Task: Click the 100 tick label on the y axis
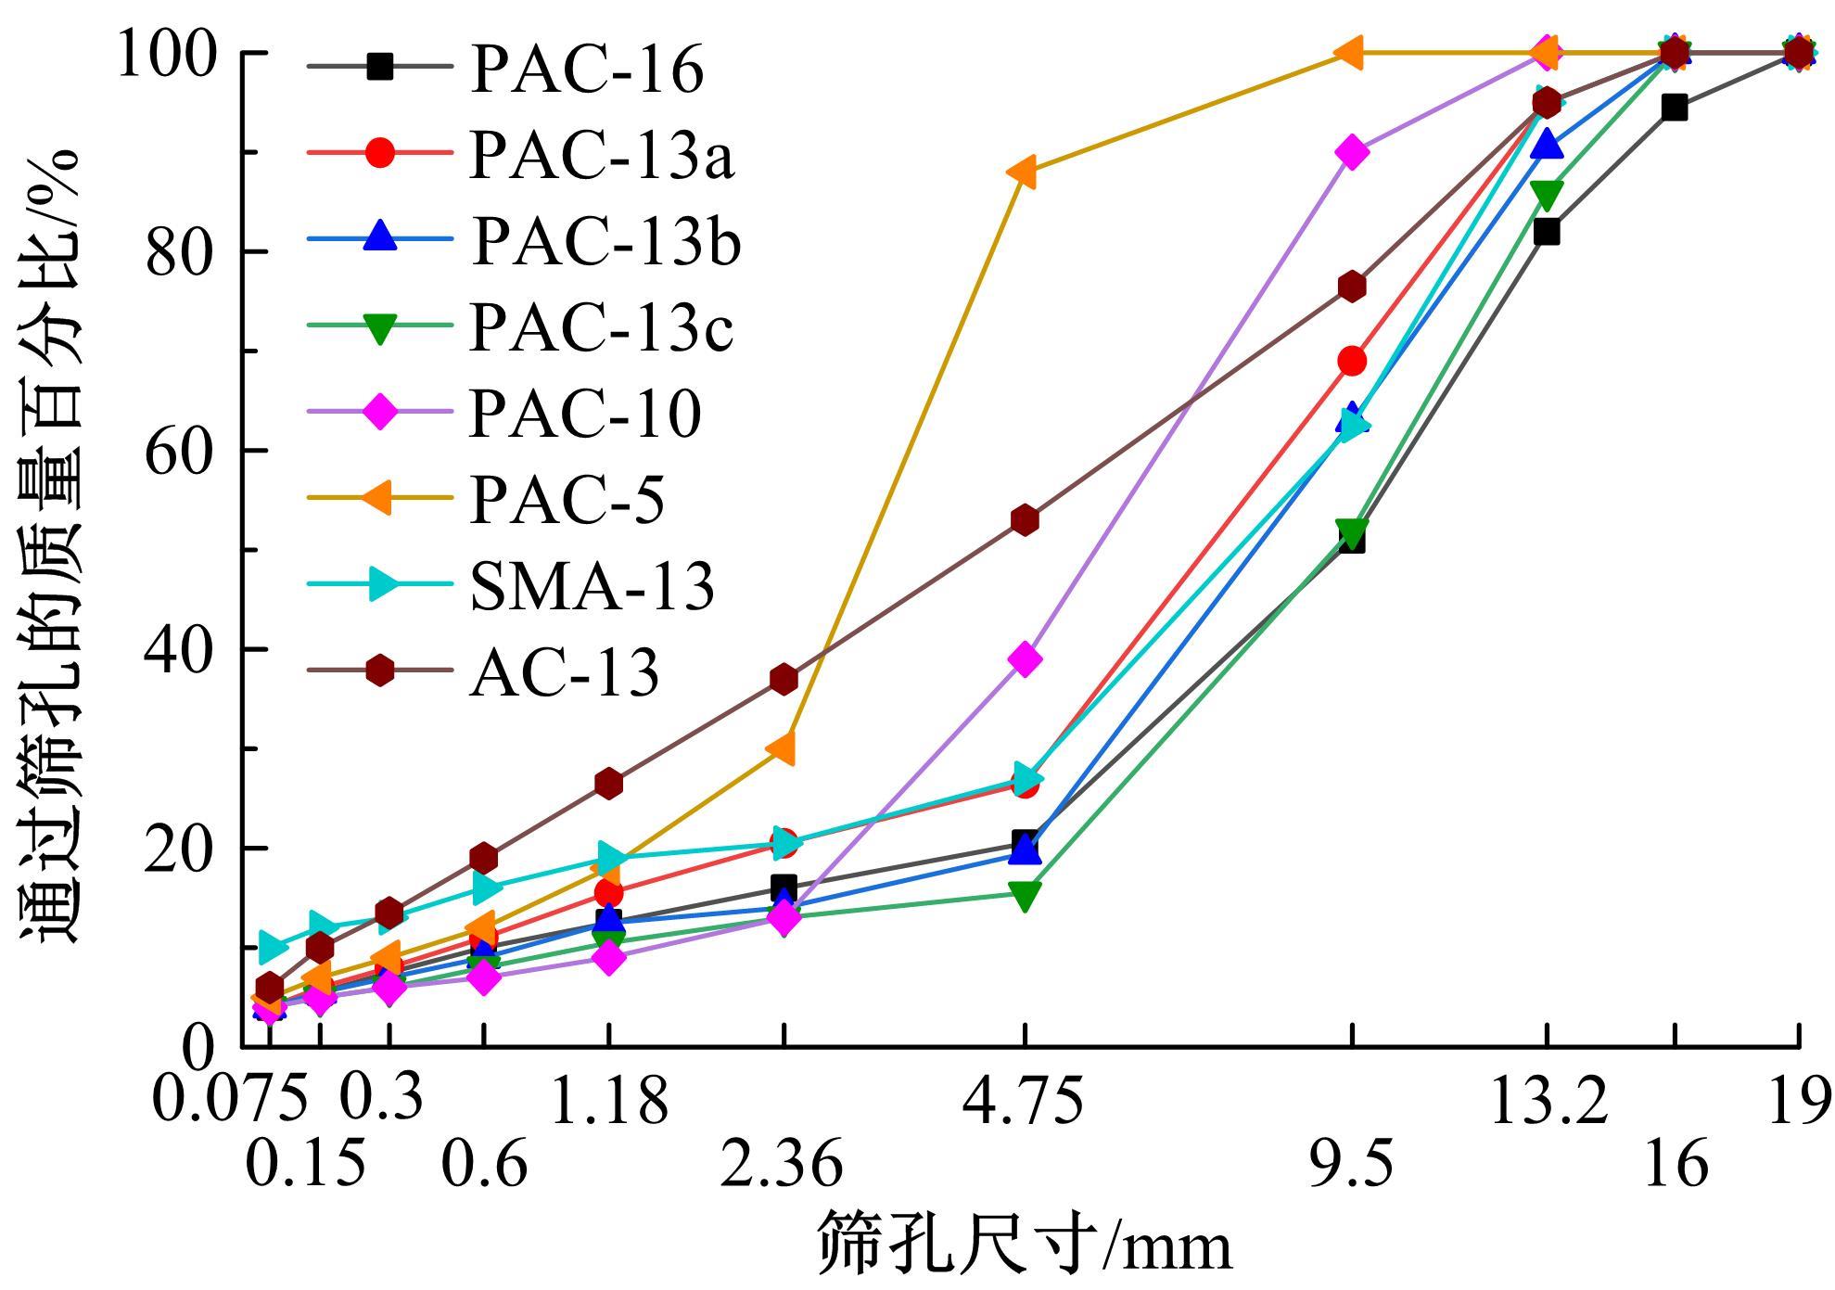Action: tap(167, 53)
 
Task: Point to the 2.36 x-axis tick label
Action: tap(782, 1165)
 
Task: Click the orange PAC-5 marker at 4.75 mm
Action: tap(1023, 172)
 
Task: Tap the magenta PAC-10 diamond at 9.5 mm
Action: tap(1352, 152)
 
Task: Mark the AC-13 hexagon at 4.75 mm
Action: tap(1025, 520)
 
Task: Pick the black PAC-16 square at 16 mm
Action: tap(1674, 108)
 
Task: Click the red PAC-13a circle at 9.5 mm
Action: tap(1352, 361)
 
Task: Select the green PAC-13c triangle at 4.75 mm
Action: tap(1025, 895)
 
